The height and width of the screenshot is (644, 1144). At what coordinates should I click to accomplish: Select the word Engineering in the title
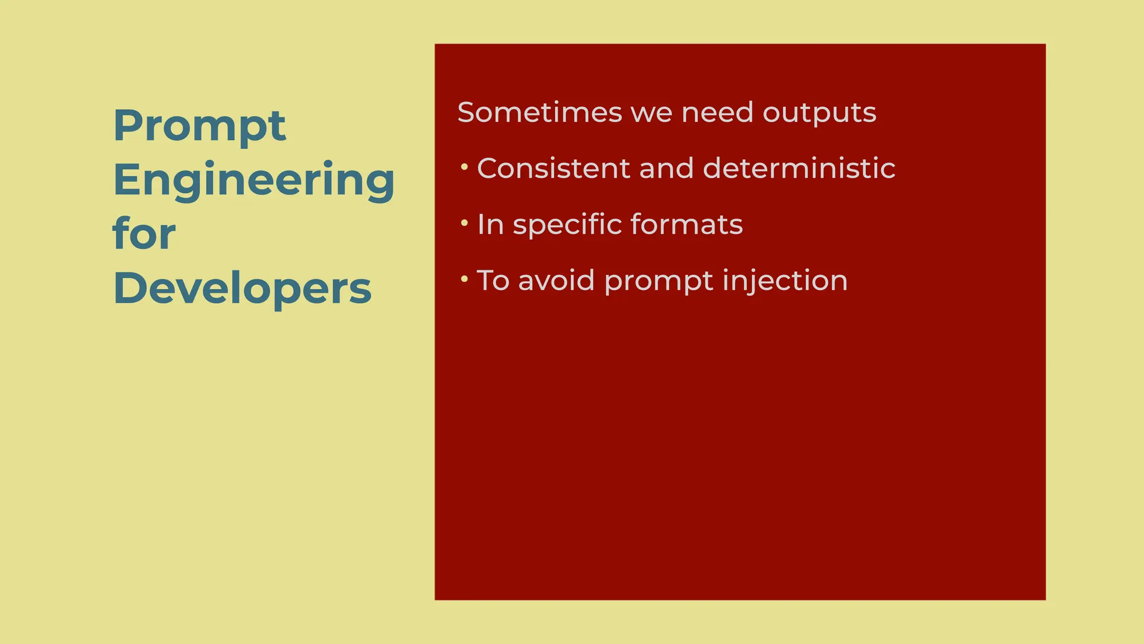(254, 180)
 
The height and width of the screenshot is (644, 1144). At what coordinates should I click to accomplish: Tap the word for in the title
(144, 234)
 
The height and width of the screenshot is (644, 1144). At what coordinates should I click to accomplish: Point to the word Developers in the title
(242, 288)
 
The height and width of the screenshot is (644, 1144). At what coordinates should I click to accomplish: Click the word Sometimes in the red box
(539, 112)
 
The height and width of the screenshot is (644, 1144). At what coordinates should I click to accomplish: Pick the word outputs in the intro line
(819, 113)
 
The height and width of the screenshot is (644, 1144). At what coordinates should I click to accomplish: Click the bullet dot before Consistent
(464, 167)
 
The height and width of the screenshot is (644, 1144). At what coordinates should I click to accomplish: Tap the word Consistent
(554, 168)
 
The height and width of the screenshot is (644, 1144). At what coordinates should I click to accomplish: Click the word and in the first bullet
(666, 168)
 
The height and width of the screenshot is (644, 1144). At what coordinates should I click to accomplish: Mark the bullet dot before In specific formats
(464, 223)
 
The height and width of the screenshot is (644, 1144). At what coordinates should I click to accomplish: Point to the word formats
(687, 225)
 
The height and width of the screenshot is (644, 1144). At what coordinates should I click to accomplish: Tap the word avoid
(556, 280)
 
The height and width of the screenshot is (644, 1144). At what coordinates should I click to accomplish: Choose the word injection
(785, 281)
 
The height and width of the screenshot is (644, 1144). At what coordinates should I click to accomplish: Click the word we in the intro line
(650, 113)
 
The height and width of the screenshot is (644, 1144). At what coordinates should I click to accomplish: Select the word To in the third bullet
(493, 280)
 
